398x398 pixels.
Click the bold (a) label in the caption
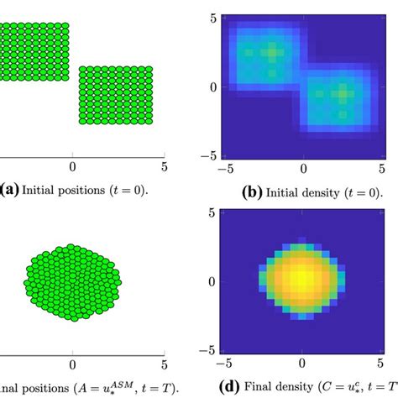pyautogui.click(x=12, y=192)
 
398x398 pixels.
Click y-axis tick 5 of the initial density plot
pyautogui.click(x=214, y=17)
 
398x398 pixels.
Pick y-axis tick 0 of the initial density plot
pyautogui.click(x=214, y=86)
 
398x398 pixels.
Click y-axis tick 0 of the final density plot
pyautogui.click(x=214, y=281)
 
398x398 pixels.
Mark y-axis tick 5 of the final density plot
pyautogui.click(x=214, y=212)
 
